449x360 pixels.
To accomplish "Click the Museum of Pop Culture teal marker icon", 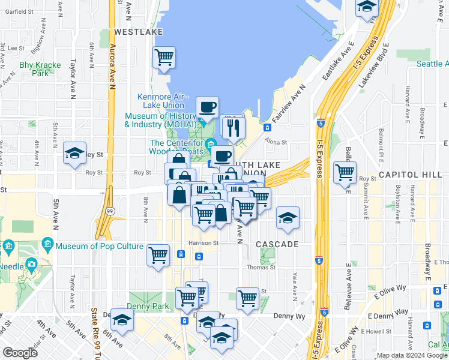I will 47,245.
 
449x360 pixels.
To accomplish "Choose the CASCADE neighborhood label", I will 277,245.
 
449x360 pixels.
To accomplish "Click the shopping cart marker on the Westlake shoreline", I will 164,58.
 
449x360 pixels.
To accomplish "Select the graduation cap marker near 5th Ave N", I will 74,152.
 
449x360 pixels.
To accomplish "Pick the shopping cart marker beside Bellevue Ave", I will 345,172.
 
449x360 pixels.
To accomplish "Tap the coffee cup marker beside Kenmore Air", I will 208,107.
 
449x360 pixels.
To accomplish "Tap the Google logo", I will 20,353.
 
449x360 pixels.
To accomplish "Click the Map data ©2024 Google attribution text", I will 412,355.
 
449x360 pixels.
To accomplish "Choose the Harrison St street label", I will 203,243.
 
